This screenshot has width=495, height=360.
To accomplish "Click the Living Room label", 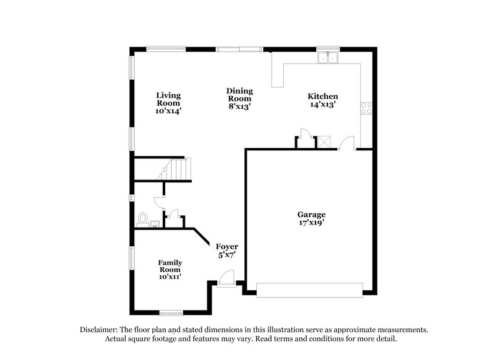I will tap(168, 99).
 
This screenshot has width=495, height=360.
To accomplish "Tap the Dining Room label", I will tap(239, 95).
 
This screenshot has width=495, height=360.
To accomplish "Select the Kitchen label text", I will tap(323, 96).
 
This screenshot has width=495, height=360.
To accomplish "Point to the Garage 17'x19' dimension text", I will tap(311, 223).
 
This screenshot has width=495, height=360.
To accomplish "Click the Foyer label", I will tap(226, 247).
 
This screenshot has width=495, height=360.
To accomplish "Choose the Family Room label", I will tap(170, 266).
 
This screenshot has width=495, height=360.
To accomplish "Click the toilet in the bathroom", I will tap(143, 220).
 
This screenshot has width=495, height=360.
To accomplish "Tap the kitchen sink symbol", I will tap(327, 58).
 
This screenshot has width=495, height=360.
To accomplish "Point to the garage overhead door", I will tap(309, 289).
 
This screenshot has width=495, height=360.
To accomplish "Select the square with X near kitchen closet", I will tap(324, 142).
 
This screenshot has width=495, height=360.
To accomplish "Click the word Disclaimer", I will tap(99, 330).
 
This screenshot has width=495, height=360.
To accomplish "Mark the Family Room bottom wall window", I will tap(171, 312).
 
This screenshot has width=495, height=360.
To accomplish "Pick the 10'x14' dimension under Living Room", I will tap(168, 111).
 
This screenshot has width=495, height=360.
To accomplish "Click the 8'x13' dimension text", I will tap(239, 107).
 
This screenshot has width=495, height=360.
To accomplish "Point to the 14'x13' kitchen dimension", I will tap(323, 105).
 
